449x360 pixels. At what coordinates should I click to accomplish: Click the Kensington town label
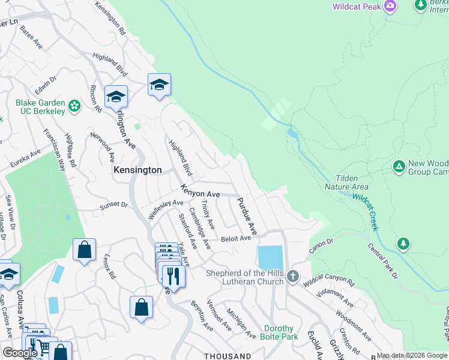[137, 170]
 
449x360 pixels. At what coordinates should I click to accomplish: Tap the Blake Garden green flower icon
[74, 106]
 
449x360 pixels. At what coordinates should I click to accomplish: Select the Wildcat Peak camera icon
[391, 6]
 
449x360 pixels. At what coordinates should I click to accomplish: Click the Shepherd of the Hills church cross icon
[292, 276]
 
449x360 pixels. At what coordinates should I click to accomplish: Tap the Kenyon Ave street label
[201, 194]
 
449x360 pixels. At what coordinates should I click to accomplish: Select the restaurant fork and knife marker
[173, 276]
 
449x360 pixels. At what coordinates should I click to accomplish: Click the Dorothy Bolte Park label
[279, 333]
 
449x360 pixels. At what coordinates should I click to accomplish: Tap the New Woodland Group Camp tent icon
[398, 166]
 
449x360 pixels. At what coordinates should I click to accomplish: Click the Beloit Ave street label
[235, 238]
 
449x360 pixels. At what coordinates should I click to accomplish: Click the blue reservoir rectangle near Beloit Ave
[270, 257]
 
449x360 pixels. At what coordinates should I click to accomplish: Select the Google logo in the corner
[20, 353]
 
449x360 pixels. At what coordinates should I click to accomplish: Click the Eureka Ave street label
[25, 159]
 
